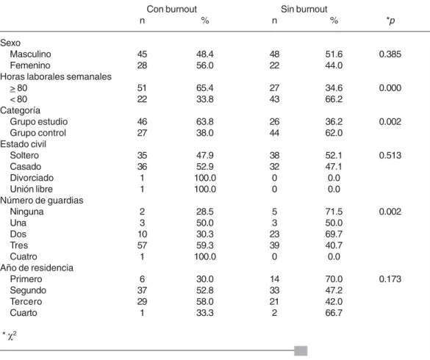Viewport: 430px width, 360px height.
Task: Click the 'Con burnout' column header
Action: [172, 9]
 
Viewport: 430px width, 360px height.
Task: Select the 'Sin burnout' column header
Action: [304, 9]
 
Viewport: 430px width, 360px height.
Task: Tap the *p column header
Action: [390, 21]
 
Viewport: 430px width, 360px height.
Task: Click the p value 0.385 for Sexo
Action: [390, 54]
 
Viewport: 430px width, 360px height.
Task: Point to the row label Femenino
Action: [30, 65]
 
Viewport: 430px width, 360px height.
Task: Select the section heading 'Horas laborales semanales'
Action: [56, 76]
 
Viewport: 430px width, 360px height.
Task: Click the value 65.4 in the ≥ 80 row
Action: [204, 87]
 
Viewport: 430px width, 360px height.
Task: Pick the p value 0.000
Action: [390, 87]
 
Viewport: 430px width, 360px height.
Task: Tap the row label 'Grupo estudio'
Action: [39, 121]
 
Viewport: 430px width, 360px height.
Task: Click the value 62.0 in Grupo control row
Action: [334, 133]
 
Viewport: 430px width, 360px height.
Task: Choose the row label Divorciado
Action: [32, 178]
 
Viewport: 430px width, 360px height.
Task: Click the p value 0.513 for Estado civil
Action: [390, 155]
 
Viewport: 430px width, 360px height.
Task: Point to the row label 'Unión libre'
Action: [32, 189]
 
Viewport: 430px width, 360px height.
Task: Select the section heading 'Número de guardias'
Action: [42, 201]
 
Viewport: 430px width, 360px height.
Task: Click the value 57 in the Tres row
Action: [142, 245]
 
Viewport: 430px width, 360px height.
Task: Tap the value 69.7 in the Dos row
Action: [334, 234]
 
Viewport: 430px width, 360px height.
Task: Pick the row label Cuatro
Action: [24, 256]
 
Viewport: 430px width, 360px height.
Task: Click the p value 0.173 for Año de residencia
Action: [390, 279]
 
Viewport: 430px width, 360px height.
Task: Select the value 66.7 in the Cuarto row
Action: [334, 312]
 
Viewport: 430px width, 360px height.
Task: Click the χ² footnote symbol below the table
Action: [12, 336]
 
